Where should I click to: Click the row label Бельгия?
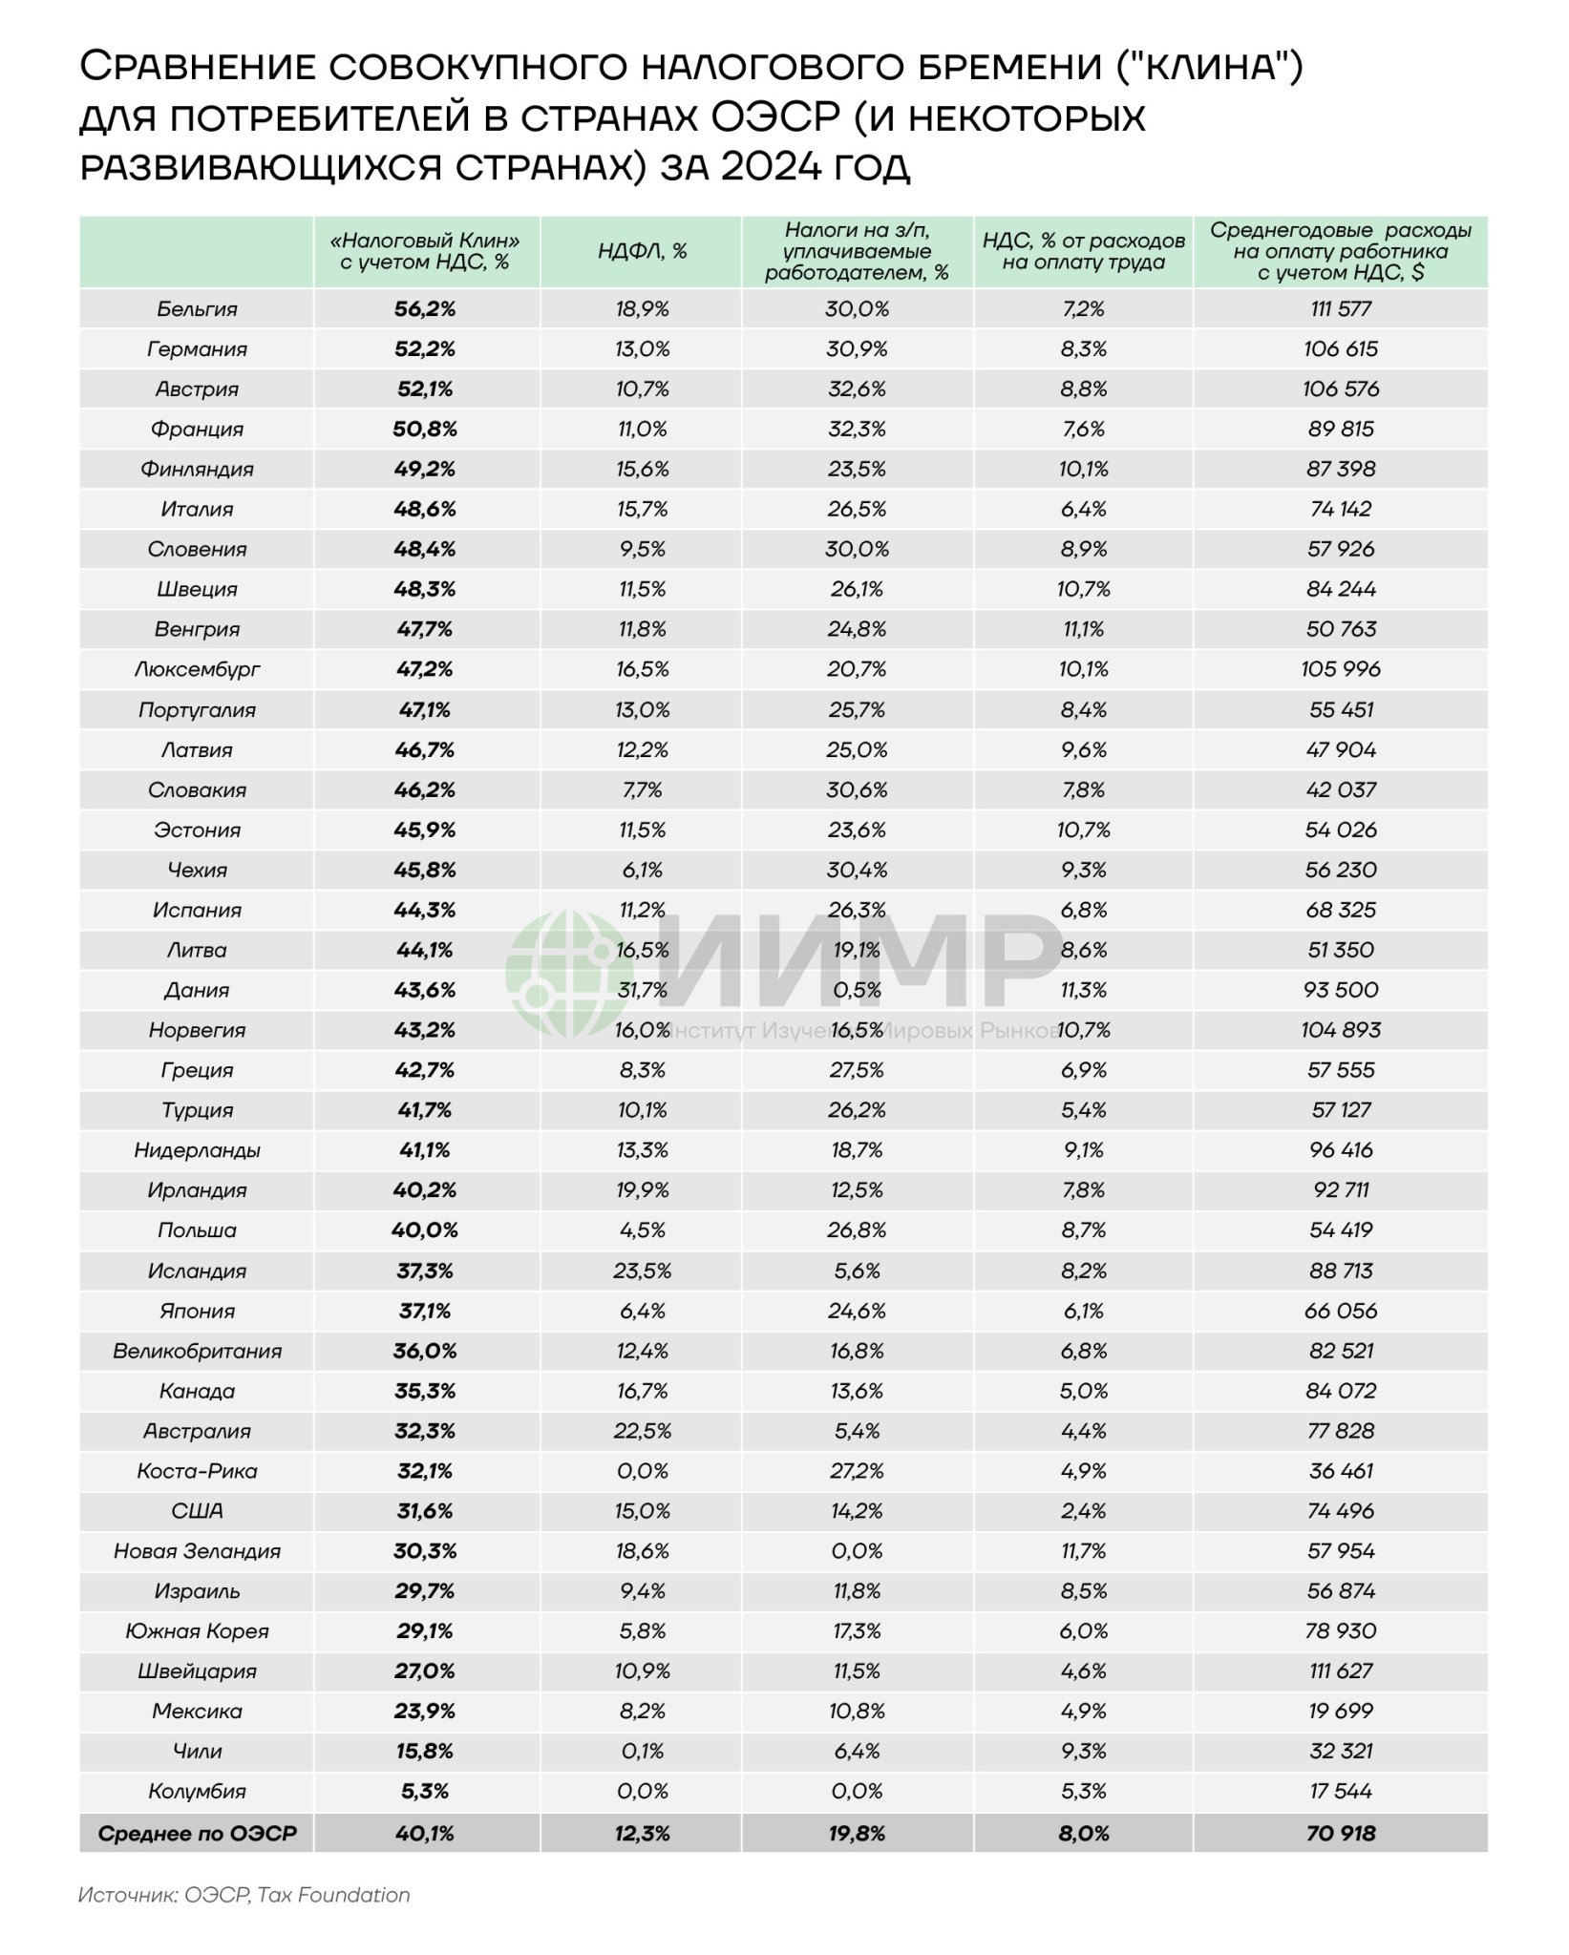197,309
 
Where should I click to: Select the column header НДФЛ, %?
642,251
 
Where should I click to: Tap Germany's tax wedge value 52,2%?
425,349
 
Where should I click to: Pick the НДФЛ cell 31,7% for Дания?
642,990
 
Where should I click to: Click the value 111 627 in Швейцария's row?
1340,1671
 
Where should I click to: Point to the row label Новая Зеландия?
197,1551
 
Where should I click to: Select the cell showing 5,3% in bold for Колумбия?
425,1792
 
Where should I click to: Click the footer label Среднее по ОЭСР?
197,1834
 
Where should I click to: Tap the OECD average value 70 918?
1340,1834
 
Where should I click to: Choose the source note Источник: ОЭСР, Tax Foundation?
244,1895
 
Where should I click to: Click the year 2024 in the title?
770,167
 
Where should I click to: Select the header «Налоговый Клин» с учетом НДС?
425,251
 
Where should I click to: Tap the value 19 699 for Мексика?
1340,1712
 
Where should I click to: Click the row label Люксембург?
197,669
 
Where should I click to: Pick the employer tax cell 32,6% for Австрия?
857,389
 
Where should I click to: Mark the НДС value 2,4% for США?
1083,1511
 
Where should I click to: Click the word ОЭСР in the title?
774,117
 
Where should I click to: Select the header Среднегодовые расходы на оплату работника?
1340,251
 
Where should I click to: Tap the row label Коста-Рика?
197,1471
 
